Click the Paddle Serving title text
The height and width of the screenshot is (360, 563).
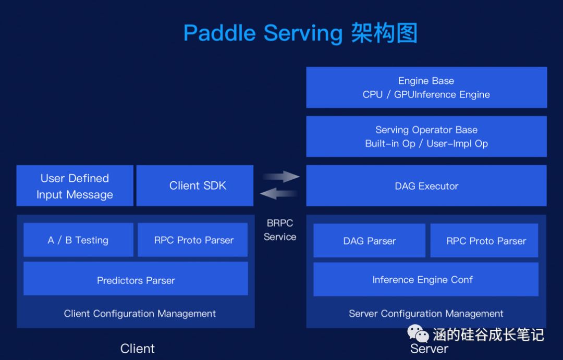pos(300,33)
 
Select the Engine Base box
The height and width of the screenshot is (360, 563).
pos(426,88)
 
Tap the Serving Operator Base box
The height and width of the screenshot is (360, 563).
pos(426,136)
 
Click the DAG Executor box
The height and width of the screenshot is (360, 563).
pos(426,186)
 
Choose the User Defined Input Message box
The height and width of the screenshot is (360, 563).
pos(75,186)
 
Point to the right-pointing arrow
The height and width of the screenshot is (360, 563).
pos(281,177)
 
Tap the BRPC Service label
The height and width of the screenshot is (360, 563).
pos(280,230)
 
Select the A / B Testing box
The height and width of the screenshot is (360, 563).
pos(78,240)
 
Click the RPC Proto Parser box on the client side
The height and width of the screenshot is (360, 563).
pos(193,240)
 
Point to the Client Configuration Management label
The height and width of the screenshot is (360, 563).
pos(140,314)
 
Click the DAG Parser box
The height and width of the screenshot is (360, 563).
pos(369,241)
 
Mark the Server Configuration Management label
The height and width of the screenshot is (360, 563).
pos(426,314)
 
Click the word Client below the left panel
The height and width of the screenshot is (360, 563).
pos(138,349)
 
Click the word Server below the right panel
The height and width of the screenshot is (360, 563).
pos(429,349)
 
